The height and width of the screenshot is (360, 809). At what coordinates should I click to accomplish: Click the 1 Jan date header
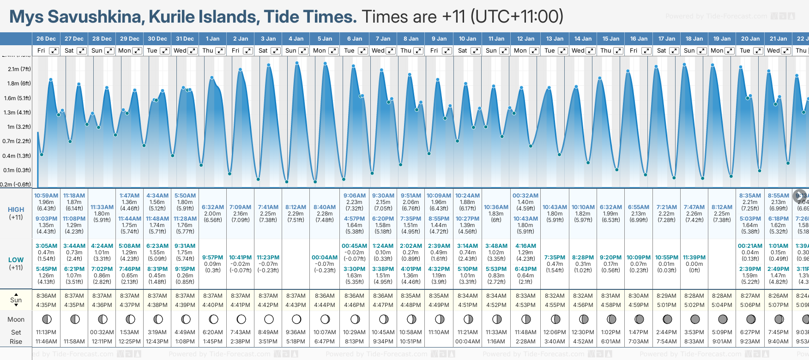point(212,39)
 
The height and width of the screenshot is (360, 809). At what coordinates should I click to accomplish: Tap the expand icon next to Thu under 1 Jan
point(220,51)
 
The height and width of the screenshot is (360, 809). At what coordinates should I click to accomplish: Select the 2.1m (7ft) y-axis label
point(19,69)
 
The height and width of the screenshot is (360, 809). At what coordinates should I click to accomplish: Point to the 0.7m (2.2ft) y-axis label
point(17,141)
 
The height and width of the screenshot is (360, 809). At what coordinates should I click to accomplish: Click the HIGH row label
point(16,210)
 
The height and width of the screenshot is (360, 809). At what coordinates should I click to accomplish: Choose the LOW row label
point(16,260)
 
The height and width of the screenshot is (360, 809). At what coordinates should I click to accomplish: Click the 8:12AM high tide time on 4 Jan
point(296,207)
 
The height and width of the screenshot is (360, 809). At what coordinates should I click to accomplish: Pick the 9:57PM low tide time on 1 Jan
point(212,258)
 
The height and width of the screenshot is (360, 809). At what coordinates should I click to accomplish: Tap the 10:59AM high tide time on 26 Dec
point(46,196)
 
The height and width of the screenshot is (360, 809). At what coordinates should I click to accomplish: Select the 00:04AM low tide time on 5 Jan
point(325,258)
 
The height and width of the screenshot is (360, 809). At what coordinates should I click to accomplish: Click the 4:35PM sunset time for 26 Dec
point(46,305)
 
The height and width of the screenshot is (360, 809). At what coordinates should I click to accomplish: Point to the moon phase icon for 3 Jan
point(269,319)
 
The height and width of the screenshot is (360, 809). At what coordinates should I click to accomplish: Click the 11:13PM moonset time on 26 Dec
point(46,332)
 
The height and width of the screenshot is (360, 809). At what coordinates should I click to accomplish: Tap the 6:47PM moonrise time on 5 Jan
point(325,342)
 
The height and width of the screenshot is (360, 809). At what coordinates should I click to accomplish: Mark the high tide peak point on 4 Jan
point(297,63)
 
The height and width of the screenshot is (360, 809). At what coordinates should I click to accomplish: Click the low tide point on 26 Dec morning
point(42,155)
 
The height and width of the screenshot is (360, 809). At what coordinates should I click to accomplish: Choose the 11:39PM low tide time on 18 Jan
point(694,258)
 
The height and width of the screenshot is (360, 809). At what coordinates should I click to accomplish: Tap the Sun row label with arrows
point(16,300)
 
